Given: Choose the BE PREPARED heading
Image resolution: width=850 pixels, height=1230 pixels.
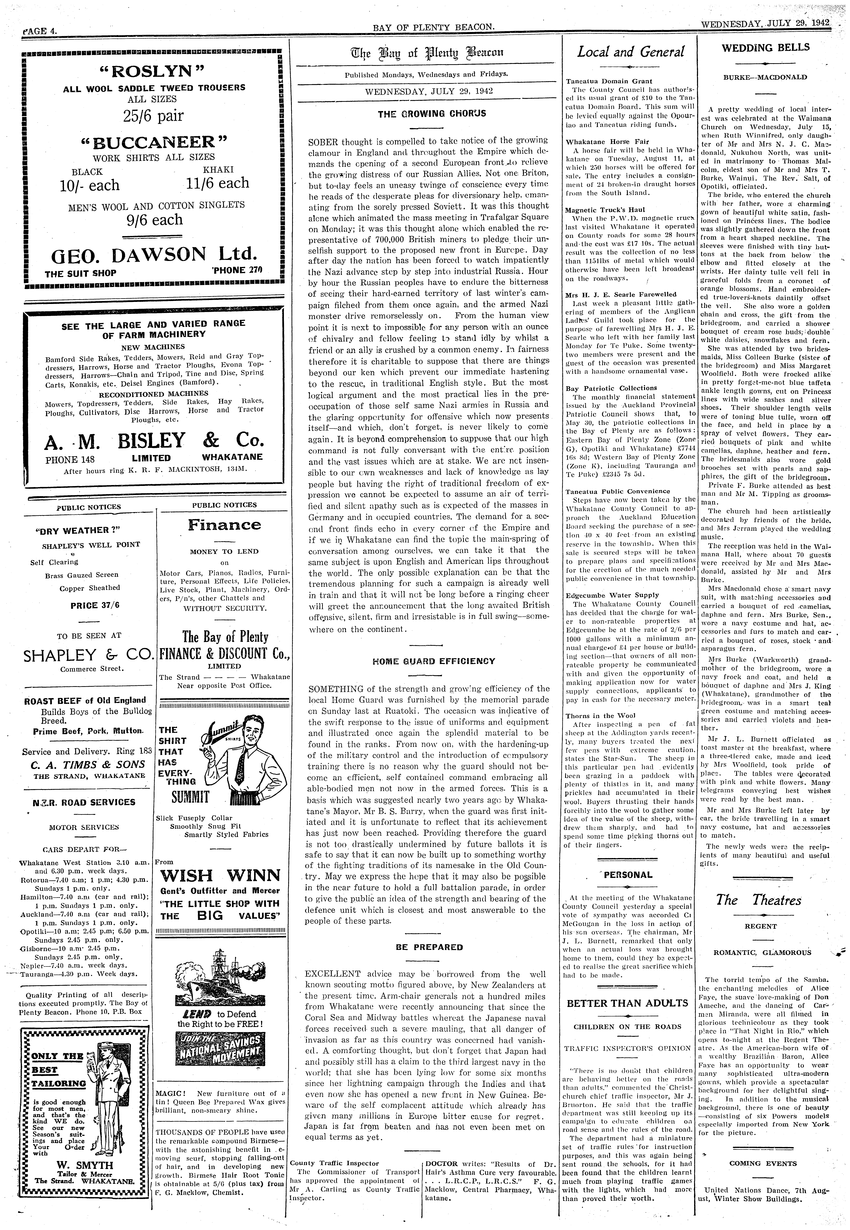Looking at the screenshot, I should click(x=429, y=947).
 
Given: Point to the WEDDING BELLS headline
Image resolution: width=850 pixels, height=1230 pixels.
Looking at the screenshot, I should click(x=765, y=47).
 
